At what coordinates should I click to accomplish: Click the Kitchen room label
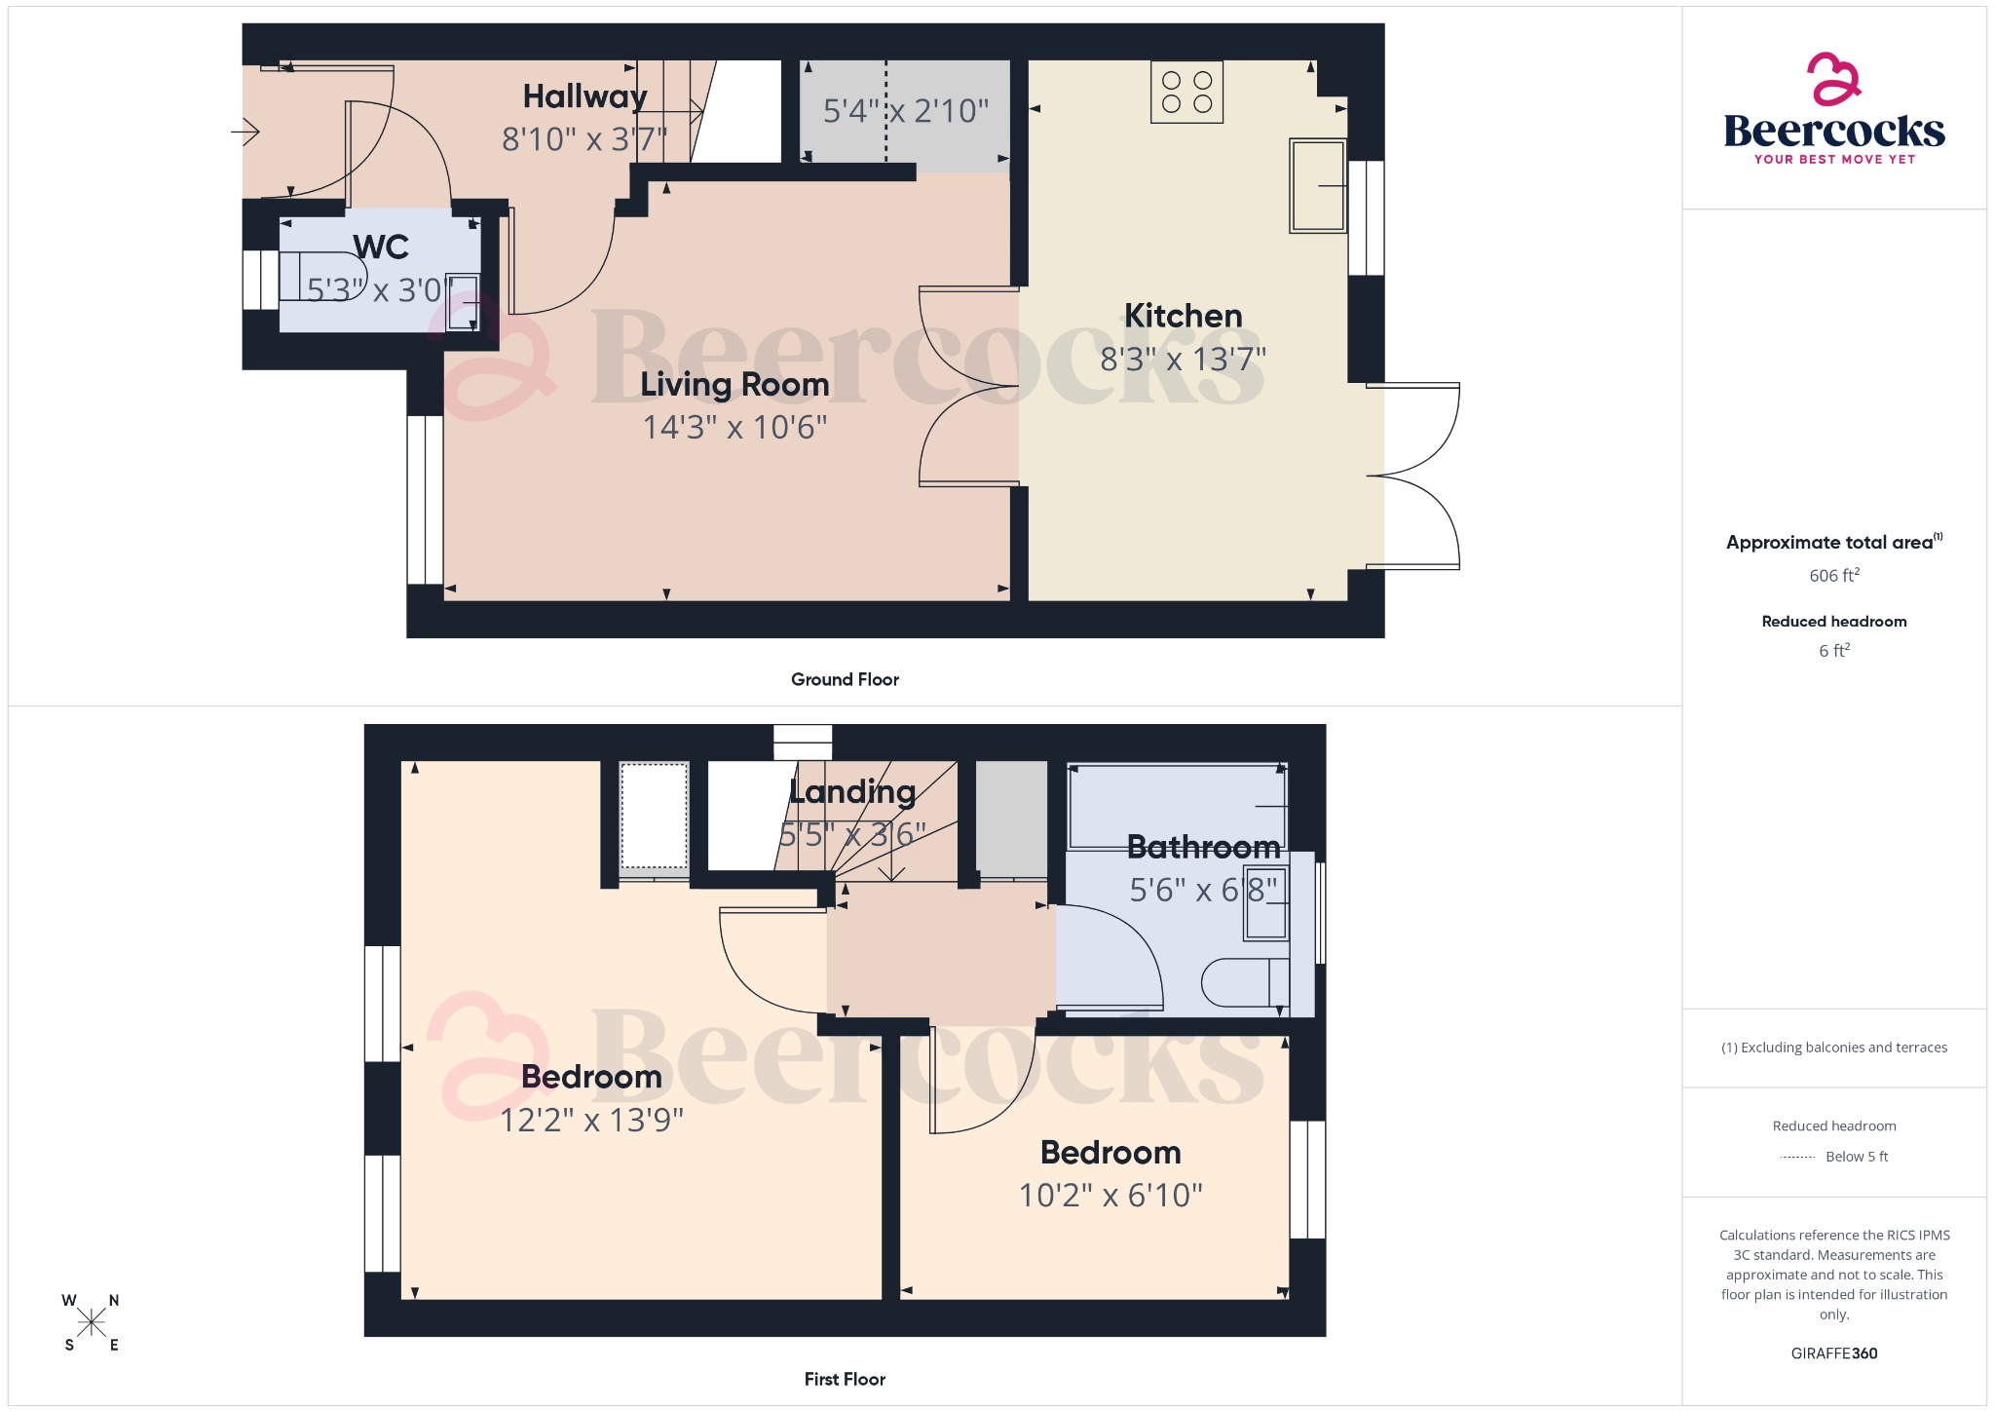coord(1183,316)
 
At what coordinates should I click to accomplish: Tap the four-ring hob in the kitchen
coord(1186,93)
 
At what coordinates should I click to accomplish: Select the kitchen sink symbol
coord(1317,185)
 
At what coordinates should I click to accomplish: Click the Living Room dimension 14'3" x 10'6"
coord(734,427)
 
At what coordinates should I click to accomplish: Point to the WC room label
coord(381,247)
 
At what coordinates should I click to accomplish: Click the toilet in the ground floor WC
coord(321,276)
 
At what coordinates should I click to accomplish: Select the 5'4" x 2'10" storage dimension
coord(905,111)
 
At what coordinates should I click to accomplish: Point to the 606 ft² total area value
coord(1833,575)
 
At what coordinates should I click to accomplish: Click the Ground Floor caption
coord(845,679)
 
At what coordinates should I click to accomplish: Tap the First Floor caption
coord(845,1379)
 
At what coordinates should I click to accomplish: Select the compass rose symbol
coord(92,1322)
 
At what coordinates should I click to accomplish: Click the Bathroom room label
coord(1203,847)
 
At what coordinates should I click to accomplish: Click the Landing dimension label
coord(852,834)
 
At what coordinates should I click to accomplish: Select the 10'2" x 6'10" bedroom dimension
coord(1110,1195)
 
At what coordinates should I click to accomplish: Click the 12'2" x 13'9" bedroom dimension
coord(591,1120)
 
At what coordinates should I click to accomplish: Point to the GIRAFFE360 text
coord(1833,1353)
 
